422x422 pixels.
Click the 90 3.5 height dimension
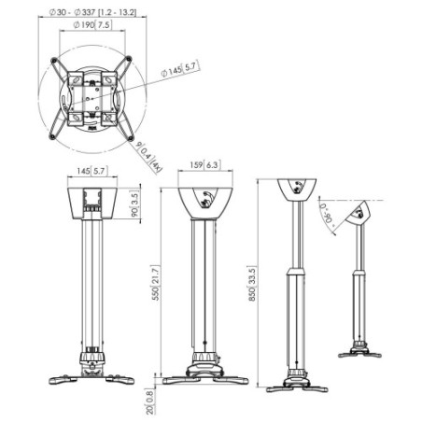pos(134,205)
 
